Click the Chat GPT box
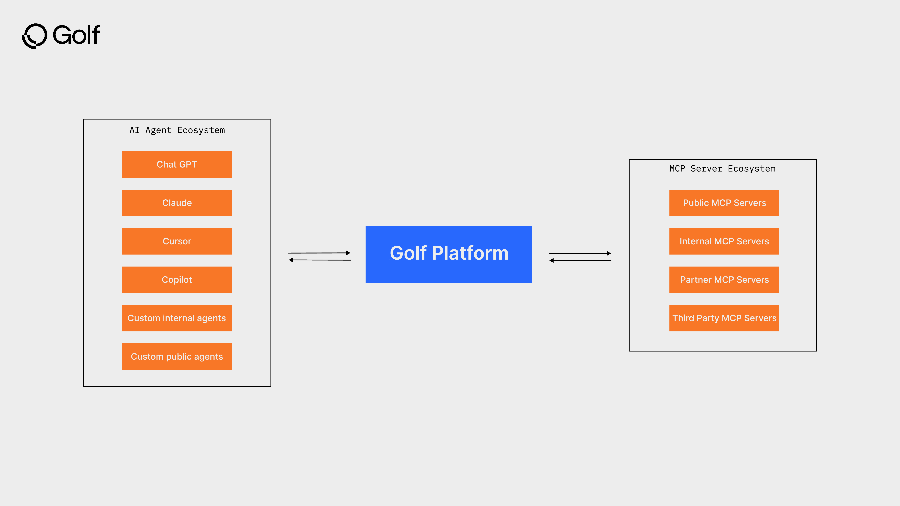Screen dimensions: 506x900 point(177,164)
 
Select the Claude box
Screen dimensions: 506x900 point(177,203)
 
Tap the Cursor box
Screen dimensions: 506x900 point(177,241)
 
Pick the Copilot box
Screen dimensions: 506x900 point(177,280)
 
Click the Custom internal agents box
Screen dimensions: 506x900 point(177,318)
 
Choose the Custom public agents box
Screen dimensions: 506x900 point(177,357)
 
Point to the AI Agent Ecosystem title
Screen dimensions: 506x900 point(177,130)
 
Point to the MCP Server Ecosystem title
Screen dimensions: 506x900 point(722,169)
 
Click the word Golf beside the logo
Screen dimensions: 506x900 point(76,35)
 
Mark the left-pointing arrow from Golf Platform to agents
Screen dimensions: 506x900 point(320,260)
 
